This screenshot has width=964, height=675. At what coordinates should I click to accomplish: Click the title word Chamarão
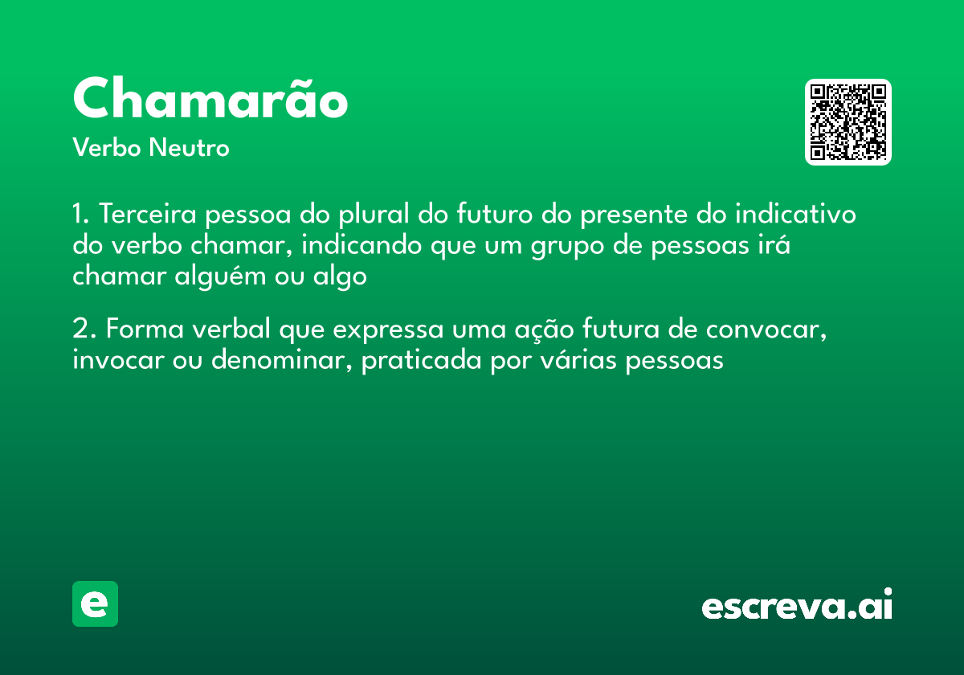210,100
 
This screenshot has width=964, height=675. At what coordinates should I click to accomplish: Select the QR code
848,122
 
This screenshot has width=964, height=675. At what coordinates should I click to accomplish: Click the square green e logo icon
95,603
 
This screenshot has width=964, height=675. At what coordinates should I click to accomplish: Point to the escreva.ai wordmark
797,605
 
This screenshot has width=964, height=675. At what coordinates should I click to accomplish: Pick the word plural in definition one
379,215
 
